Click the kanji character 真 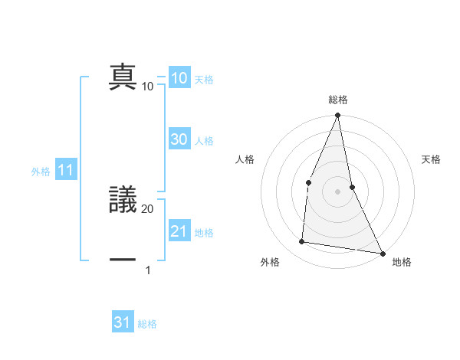(123, 77)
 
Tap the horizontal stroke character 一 (123, 260)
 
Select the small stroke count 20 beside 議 (148, 208)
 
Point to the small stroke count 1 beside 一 (148, 270)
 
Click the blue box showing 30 (179, 139)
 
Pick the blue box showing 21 (179, 231)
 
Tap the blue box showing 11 (65, 171)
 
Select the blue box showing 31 (123, 322)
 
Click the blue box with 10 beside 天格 (179, 78)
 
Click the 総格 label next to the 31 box (147, 324)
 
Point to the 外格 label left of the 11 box (41, 172)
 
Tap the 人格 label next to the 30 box (204, 141)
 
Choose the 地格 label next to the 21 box (204, 233)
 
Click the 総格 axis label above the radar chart (337, 100)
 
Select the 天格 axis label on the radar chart (432, 159)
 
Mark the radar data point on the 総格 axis (337, 116)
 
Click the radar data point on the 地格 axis (382, 253)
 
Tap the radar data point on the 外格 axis (302, 242)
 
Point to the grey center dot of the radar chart (337, 191)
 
